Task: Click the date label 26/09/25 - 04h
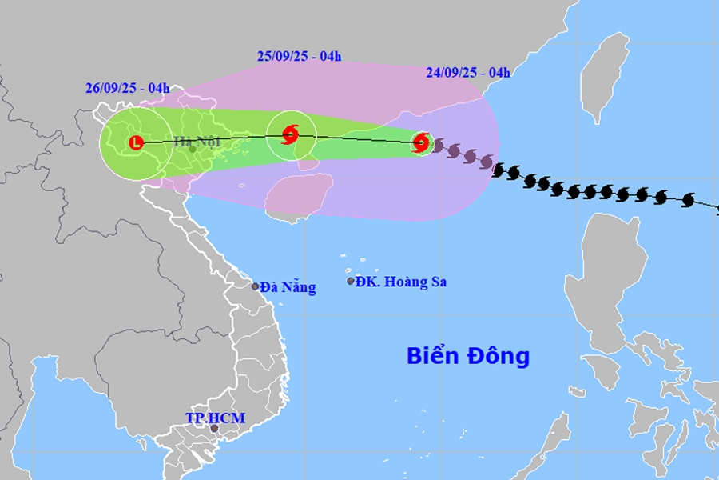tap(128, 88)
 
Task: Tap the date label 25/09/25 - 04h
tap(300, 56)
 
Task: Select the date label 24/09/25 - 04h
tap(467, 73)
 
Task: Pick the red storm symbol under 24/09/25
tap(421, 143)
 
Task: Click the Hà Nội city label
tap(197, 143)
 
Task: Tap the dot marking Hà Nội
tap(192, 149)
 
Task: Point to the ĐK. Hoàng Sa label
tap(401, 282)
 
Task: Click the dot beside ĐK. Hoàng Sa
tap(350, 281)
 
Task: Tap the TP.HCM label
tap(215, 418)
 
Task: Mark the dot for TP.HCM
tap(214, 429)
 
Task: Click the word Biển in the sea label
tap(434, 355)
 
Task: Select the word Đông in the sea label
tap(499, 355)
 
